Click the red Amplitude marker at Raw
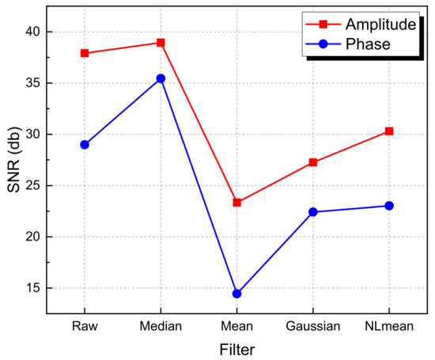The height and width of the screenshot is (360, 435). pyautogui.click(x=85, y=53)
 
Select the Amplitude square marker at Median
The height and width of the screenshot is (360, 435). pyautogui.click(x=161, y=43)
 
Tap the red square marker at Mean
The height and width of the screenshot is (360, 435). pyautogui.click(x=236, y=203)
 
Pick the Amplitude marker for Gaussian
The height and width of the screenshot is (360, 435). pyautogui.click(x=313, y=162)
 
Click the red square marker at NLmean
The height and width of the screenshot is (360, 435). pyautogui.click(x=389, y=131)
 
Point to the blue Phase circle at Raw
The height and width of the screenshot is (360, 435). pyautogui.click(x=85, y=145)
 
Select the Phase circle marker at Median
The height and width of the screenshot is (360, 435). pyautogui.click(x=161, y=78)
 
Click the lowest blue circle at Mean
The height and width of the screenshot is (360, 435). pyautogui.click(x=236, y=294)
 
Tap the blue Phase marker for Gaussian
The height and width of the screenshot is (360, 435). pyautogui.click(x=313, y=212)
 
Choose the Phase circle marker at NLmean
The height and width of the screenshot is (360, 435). pyautogui.click(x=389, y=206)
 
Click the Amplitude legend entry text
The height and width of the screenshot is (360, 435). pyautogui.click(x=378, y=25)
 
